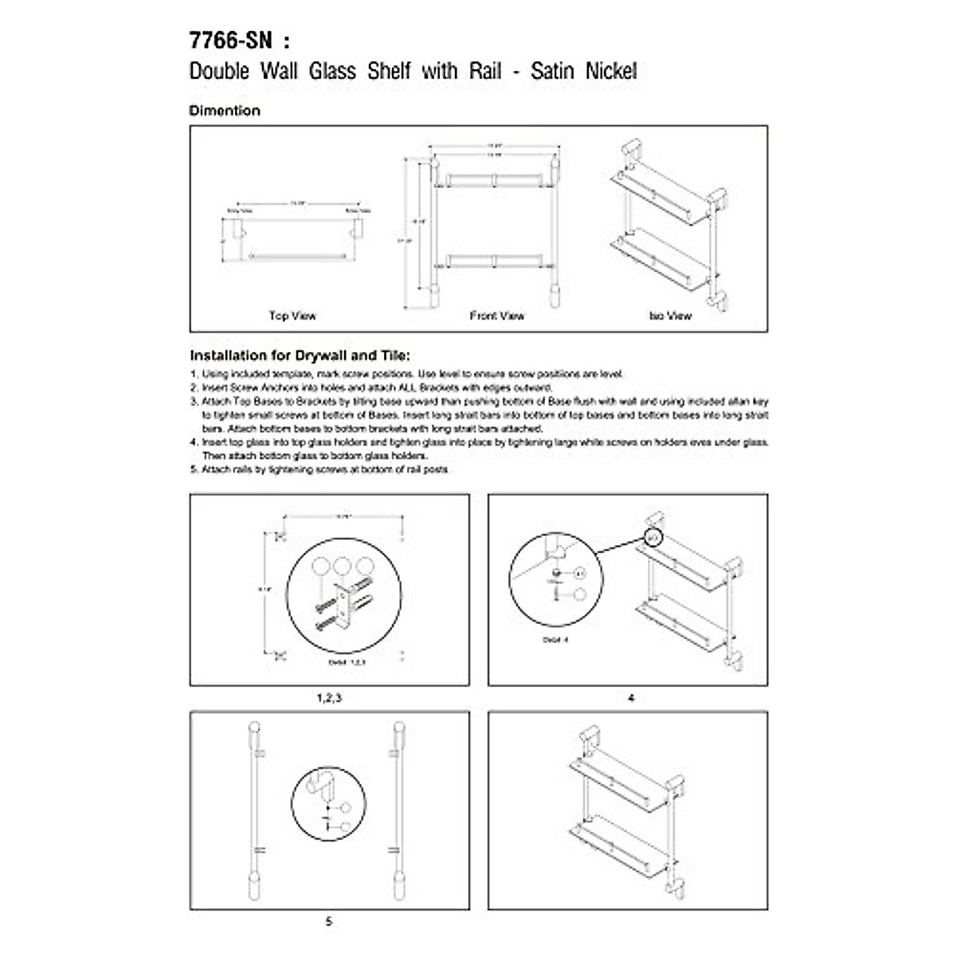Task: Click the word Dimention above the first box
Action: (x=225, y=111)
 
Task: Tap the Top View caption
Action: (x=292, y=316)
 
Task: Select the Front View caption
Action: (x=497, y=316)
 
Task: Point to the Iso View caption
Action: (x=670, y=316)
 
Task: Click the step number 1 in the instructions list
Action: (x=194, y=374)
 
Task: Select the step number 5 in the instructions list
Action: (x=194, y=470)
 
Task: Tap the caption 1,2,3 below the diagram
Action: (x=329, y=698)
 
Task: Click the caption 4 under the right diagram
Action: (x=631, y=698)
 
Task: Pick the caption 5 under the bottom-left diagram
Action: (x=329, y=922)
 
